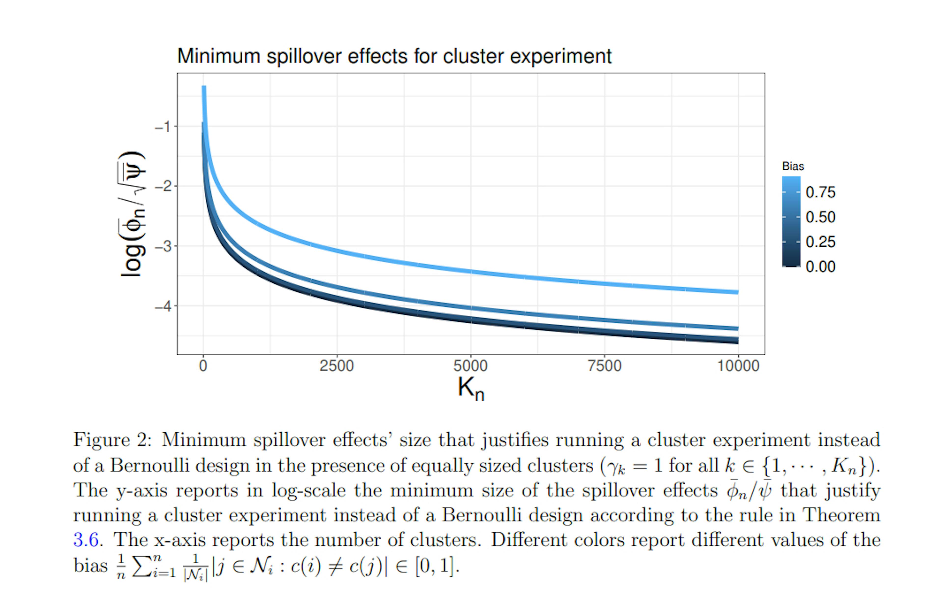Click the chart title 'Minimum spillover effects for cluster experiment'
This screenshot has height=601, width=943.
pos(394,56)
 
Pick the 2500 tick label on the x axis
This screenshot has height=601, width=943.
pos(336,366)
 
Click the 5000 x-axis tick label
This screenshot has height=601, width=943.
pos(470,366)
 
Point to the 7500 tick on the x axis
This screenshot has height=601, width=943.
pos(604,366)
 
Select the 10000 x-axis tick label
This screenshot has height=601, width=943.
pos(738,366)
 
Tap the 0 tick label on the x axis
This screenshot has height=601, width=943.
pos(203,366)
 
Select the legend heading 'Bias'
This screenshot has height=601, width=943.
pos(793,166)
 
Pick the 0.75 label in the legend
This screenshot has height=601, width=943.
pos(820,193)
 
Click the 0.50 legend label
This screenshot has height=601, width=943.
pos(820,217)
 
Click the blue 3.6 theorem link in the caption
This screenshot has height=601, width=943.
pos(85,540)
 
